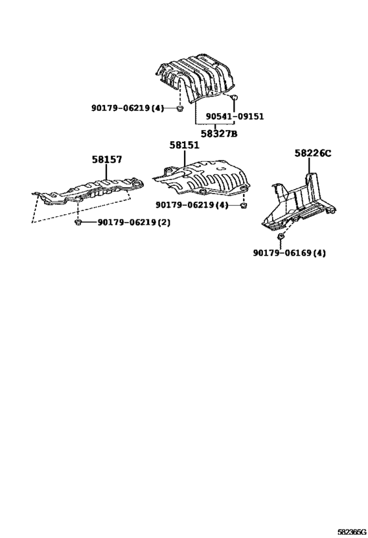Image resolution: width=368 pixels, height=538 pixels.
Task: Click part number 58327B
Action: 219,133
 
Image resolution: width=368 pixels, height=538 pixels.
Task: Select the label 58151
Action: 184,145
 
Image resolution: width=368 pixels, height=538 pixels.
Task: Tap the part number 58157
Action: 106,160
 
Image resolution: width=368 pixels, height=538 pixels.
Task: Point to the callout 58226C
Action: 313,153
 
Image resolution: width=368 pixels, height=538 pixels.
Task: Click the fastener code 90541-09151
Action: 235,117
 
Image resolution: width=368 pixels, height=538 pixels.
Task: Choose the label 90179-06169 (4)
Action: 289,253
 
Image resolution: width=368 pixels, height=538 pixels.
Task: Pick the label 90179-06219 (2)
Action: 134,222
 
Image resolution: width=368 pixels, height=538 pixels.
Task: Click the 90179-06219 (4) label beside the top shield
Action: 127,108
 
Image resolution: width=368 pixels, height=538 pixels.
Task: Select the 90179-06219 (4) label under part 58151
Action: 192,205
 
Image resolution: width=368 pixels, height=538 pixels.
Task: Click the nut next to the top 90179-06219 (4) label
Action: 179,109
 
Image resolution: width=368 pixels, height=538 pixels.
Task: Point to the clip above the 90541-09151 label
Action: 235,97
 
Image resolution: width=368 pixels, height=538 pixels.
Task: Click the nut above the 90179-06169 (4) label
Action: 280,236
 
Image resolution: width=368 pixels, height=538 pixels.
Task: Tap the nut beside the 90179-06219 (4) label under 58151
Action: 243,206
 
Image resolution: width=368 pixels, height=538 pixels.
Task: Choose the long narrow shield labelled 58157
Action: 89,192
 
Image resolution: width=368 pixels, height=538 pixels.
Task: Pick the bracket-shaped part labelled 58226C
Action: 298,202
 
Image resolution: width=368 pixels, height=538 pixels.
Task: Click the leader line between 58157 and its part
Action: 106,171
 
